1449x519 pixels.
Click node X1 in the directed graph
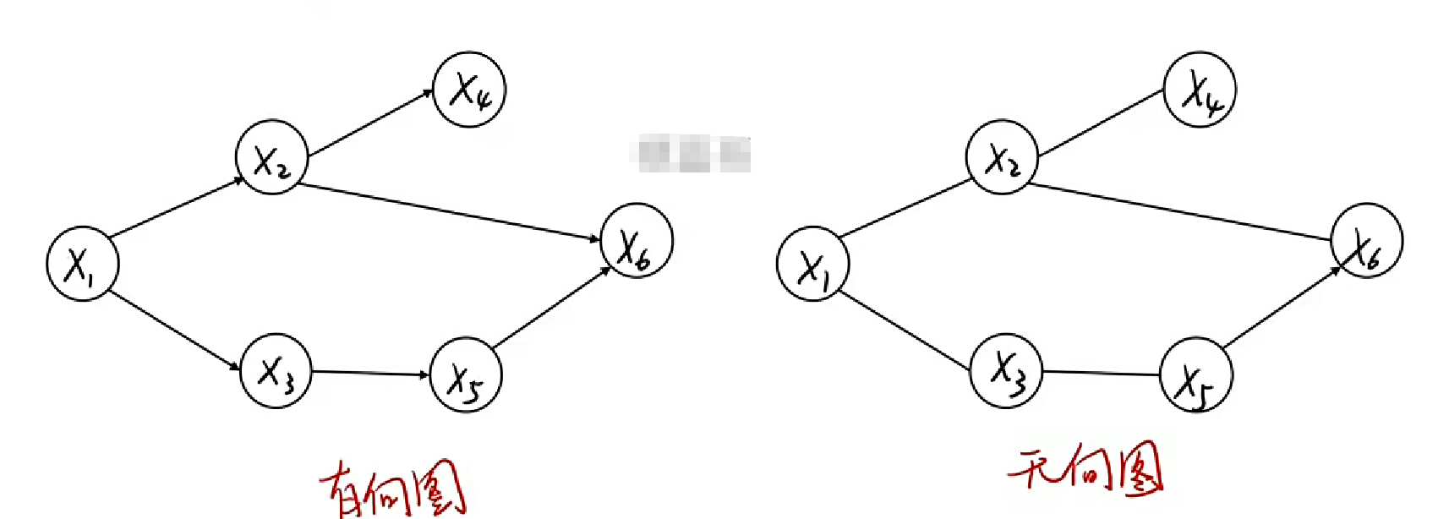coord(82,264)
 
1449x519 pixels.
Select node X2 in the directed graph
coord(271,157)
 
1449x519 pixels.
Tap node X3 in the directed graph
coord(276,371)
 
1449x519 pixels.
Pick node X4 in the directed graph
coord(469,90)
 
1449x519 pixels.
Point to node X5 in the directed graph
coord(466,375)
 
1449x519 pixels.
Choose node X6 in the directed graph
coord(637,241)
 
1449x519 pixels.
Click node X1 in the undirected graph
coord(812,264)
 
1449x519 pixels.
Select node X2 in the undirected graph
coord(1002,157)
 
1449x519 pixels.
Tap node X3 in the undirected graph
coord(1006,371)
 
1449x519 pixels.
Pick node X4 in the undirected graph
coord(1200,90)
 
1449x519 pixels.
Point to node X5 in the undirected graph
coord(1195,375)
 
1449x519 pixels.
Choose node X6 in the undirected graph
coord(1366,241)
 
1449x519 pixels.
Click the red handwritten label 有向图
coord(393,489)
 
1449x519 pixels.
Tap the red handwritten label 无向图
coord(1086,469)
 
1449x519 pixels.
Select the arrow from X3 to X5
coord(370,374)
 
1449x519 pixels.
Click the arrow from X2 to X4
coord(370,123)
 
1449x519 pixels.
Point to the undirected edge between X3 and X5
coord(1101,373)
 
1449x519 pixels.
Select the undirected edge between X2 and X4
coord(1101,123)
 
